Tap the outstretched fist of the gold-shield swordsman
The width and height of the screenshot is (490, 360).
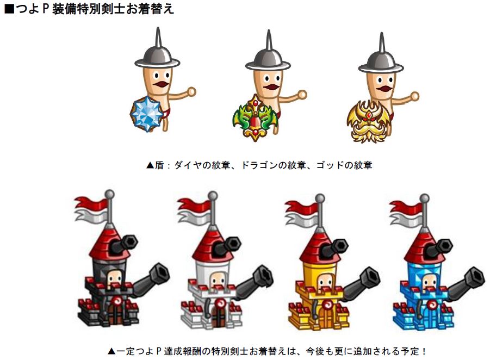pos(415,96)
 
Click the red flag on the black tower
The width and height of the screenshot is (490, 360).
pos(90,203)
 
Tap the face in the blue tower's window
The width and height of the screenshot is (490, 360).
pos(429,281)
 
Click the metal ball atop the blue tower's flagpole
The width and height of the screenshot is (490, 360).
pos(424,198)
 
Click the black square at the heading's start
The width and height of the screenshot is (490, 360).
pos(10,9)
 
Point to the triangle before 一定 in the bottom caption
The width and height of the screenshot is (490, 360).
pos(111,351)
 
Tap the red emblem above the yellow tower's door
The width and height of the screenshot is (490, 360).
pos(327,304)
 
